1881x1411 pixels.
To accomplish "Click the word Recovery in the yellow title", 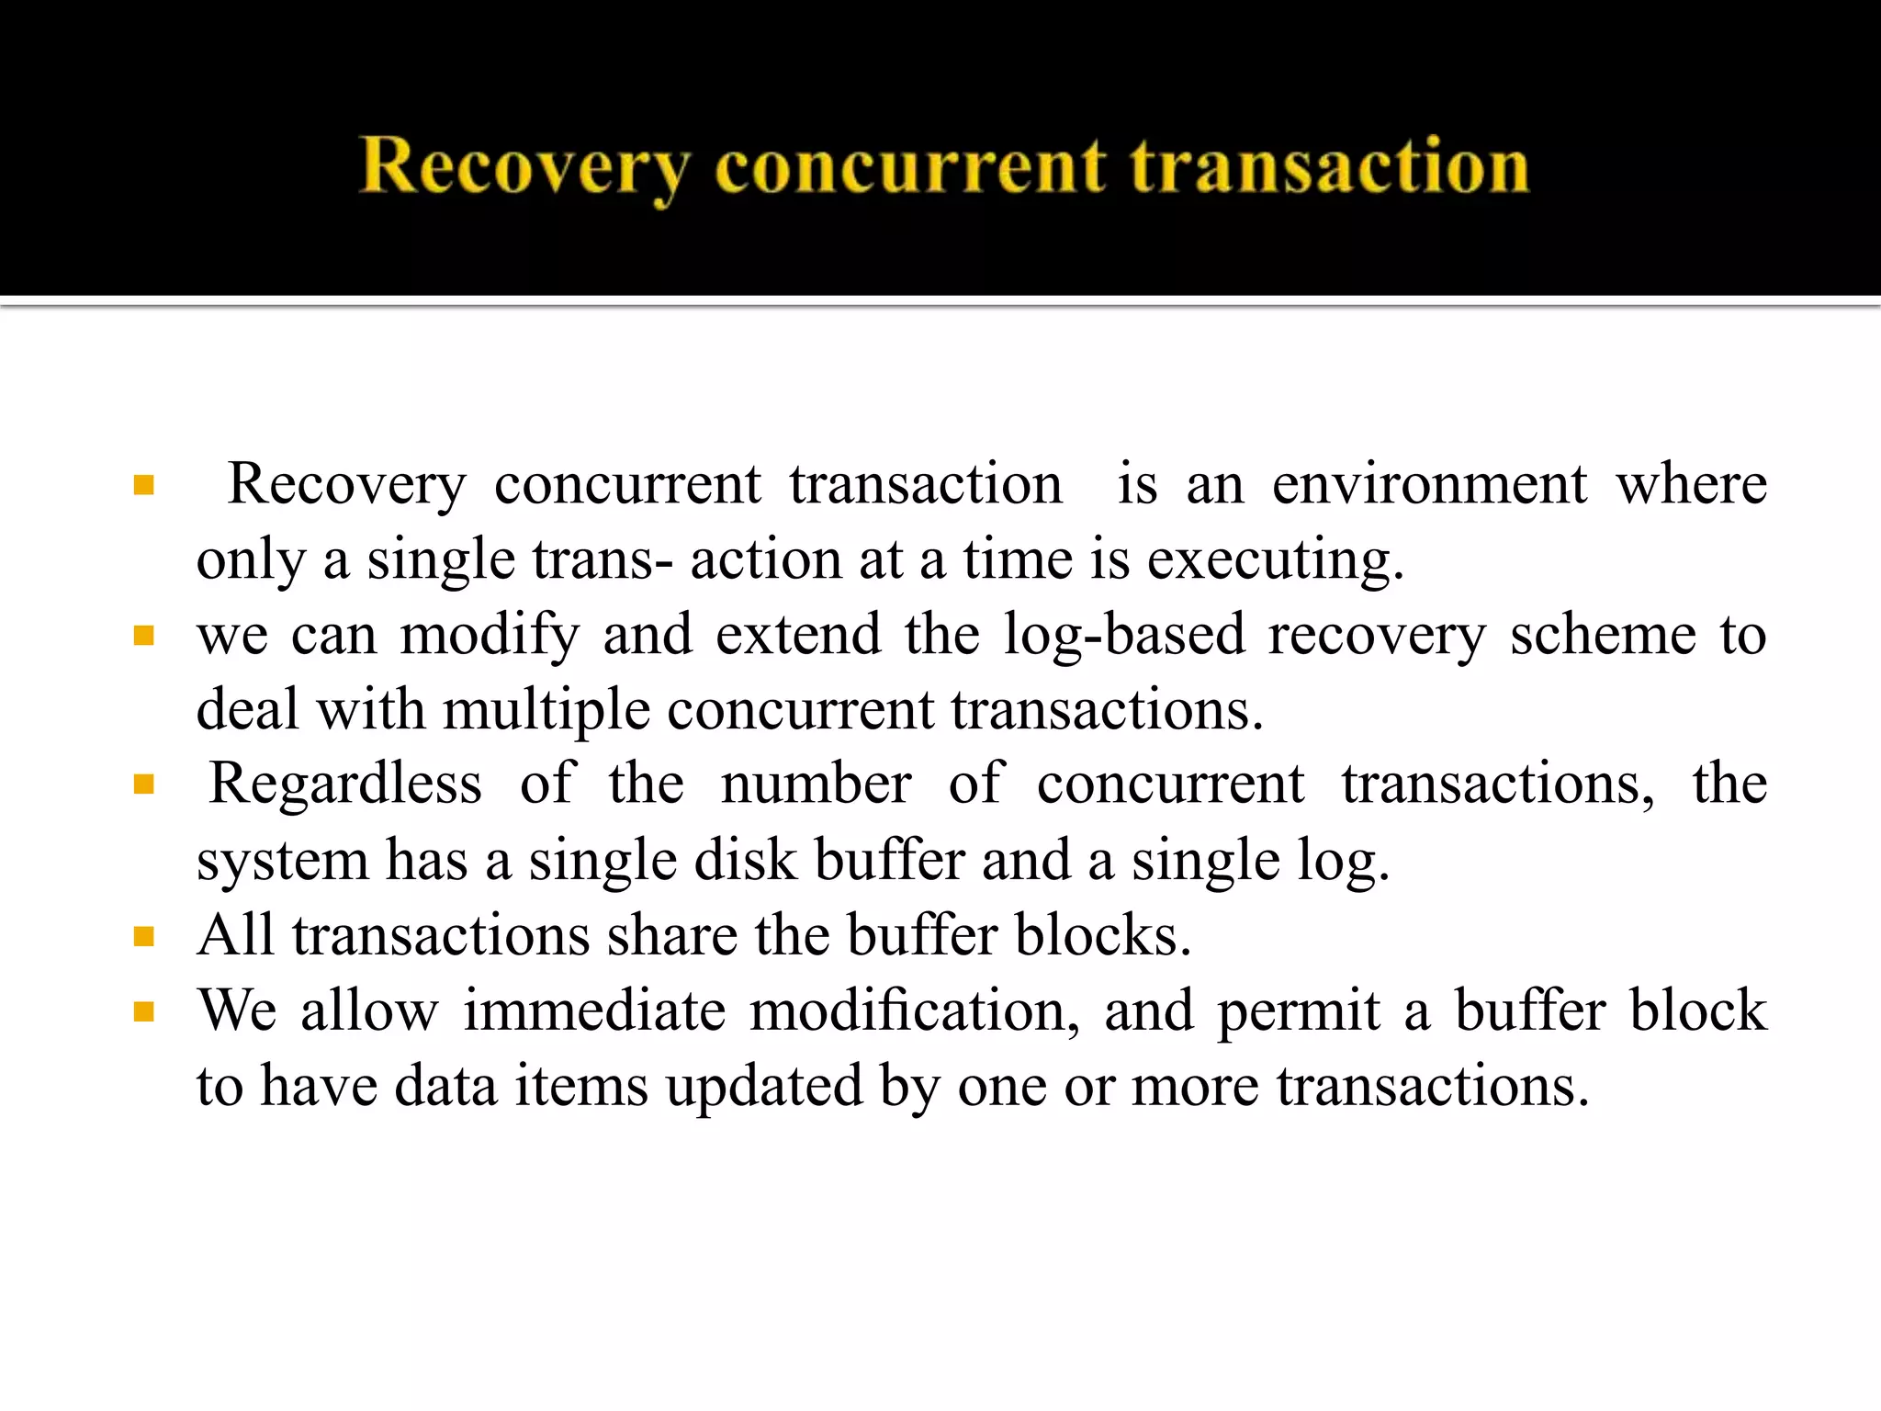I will pos(524,167).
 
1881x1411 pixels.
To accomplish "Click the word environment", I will pos(1429,484).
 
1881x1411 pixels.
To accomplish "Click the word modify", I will pos(490,635).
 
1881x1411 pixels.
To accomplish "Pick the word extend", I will pos(797,635).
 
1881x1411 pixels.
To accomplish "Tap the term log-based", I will pos(1123,635).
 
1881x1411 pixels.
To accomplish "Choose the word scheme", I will pos(1603,635).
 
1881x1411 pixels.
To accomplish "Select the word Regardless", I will pos(345,785).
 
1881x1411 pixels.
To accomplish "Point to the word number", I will pos(816,785).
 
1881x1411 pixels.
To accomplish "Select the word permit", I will pos(1299,1012).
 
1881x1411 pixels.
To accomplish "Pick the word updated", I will pos(764,1087).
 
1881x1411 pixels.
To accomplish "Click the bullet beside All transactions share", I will pos(143,936).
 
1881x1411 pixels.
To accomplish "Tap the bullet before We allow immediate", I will pos(143,1011).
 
